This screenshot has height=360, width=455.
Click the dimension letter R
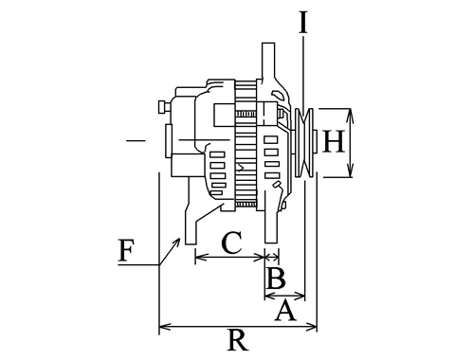238,340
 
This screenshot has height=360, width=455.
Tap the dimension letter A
285,311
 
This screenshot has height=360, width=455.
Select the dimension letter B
276,278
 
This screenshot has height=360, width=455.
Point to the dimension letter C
232,243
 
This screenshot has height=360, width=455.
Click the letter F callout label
126,250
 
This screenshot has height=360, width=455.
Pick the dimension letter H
334,142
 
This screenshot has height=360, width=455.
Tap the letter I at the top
303,23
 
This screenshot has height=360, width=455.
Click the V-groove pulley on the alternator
304,143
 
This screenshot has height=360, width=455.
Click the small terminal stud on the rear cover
164,106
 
